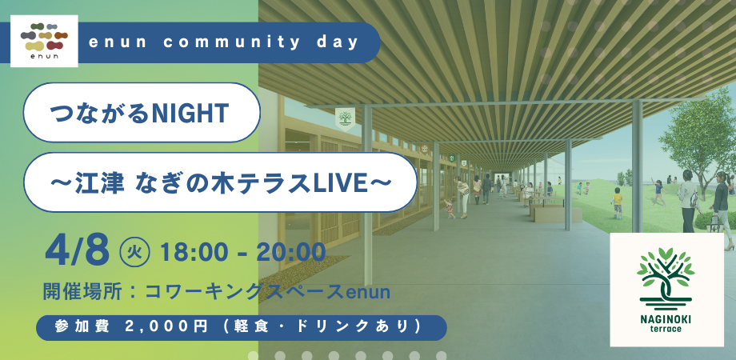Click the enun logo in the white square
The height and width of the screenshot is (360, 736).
click(x=44, y=41)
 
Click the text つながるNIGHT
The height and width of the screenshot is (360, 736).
click(x=140, y=113)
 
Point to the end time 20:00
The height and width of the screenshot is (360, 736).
click(x=291, y=252)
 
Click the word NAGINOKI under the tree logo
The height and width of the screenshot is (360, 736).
click(x=666, y=319)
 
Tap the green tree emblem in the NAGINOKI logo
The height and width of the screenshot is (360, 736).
click(x=666, y=277)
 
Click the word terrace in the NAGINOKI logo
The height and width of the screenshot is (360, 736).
click(x=666, y=329)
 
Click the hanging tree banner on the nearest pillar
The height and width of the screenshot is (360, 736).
click(x=346, y=118)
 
